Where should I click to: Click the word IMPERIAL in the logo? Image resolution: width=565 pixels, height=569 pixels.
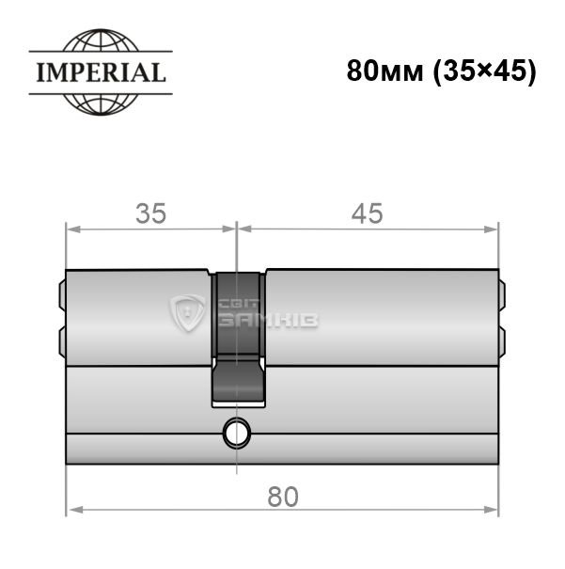coord(102,72)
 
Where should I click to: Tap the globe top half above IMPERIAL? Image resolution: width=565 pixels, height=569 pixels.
coord(101,40)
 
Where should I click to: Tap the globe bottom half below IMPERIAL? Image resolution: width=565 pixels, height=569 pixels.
coord(101,104)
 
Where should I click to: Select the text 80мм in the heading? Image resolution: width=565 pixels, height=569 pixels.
coord(385,71)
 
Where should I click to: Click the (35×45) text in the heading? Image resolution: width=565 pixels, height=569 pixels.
coord(485,71)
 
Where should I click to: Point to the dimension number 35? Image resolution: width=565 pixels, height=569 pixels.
coord(150,213)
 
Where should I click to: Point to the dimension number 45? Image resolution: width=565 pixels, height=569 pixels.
coord(367,213)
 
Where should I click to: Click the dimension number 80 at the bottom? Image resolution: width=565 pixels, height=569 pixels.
coord(283,498)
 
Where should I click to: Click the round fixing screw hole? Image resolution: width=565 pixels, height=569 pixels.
coord(237,433)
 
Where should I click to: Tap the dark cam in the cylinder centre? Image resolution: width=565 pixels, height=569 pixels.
coord(238,339)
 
